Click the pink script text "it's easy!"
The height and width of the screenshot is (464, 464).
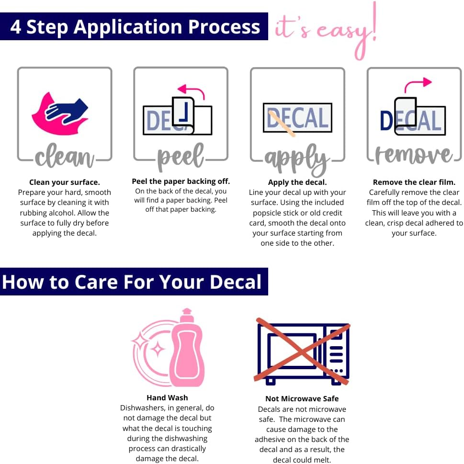pyautogui.click(x=326, y=31)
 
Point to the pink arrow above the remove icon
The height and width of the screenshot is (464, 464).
pyautogui.click(x=418, y=85)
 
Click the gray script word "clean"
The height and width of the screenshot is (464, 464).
pyautogui.click(x=65, y=156)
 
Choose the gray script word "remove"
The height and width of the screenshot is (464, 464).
pyautogui.click(x=414, y=155)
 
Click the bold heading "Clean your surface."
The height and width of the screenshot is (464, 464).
pyautogui.click(x=65, y=182)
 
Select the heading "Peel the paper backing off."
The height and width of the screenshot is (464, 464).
pyautogui.click(x=181, y=181)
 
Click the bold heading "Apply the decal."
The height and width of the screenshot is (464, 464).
pyautogui.click(x=297, y=182)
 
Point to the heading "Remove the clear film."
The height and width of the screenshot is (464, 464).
pyautogui.click(x=414, y=182)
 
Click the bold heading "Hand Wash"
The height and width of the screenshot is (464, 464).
pyautogui.click(x=167, y=398)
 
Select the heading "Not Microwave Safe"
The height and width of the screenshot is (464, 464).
pyautogui.click(x=302, y=398)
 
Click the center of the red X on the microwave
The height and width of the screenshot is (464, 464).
pyautogui.click(x=302, y=351)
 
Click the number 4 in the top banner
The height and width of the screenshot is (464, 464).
pyautogui.click(x=15, y=27)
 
